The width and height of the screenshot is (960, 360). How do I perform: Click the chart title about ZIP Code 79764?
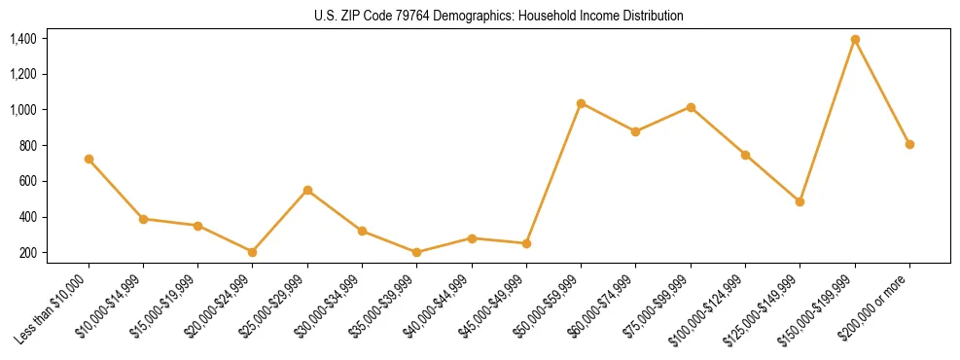point(499,16)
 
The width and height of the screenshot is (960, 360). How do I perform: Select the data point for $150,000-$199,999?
point(855,39)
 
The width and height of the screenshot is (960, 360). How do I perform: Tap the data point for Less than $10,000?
point(89,159)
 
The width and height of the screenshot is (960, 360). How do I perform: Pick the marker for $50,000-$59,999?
point(581,103)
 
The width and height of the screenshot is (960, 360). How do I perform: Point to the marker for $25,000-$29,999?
point(307,190)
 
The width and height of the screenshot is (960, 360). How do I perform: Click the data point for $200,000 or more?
point(909,144)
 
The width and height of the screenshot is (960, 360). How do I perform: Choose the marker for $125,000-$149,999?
point(800,201)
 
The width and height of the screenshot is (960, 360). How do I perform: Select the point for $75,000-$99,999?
point(691,107)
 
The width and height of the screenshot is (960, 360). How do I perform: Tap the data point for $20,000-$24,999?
point(253,252)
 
